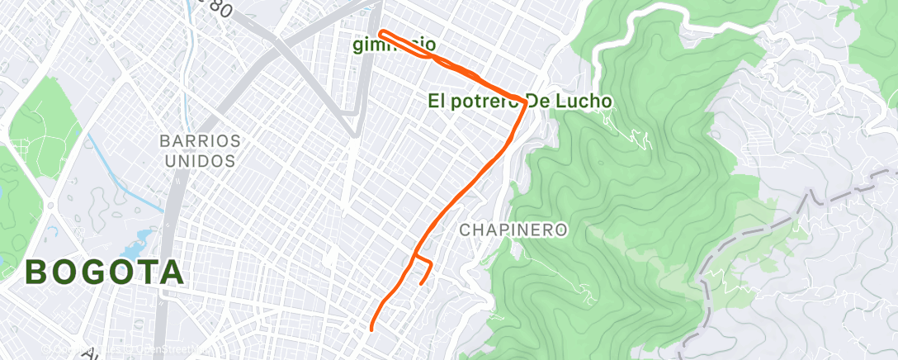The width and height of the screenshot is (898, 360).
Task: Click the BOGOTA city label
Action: click(x=105, y=272)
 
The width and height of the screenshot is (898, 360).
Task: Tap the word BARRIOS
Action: click(x=201, y=140)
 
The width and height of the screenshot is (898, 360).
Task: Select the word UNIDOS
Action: click(x=201, y=160)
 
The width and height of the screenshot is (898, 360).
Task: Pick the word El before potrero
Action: click(x=437, y=101)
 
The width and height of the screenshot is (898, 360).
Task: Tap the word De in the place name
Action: click(x=541, y=101)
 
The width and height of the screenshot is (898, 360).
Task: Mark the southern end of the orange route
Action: click(x=371, y=329)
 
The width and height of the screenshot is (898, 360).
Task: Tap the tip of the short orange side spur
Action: click(x=422, y=283)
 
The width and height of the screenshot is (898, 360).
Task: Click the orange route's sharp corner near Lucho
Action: click(x=525, y=102)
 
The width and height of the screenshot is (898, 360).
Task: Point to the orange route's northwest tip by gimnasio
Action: click(x=380, y=33)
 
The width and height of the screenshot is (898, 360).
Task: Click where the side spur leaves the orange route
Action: click(x=414, y=257)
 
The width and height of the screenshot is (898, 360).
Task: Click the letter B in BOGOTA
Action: click(x=37, y=272)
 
